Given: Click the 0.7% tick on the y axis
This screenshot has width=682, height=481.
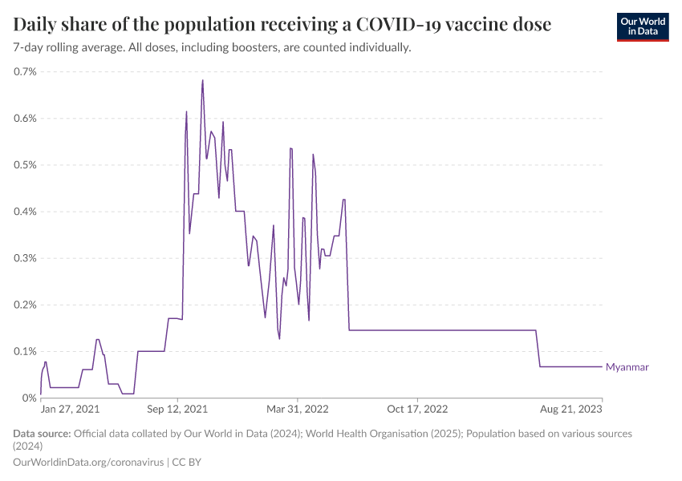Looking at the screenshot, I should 26,72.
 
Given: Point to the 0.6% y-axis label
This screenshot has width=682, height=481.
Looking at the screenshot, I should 26,119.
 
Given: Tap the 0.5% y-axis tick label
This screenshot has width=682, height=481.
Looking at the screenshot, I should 26,165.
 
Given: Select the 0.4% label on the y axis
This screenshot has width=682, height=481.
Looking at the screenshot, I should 26,212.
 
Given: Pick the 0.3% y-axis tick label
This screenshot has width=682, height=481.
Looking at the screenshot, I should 26,258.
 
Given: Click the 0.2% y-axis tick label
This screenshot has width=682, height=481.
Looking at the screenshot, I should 26,305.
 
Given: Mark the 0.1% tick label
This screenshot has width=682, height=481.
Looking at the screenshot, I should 26,351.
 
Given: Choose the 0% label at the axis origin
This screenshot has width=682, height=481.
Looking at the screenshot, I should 30,398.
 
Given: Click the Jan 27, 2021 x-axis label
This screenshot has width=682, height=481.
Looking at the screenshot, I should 71,409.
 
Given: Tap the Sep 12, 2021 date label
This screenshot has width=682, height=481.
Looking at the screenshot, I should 178,409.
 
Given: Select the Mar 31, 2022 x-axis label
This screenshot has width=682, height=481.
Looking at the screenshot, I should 298,409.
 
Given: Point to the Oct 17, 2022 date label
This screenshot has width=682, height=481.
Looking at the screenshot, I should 417,409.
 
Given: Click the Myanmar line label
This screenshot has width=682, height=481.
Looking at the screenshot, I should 627,367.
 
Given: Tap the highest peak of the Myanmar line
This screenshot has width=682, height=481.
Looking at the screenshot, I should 202,80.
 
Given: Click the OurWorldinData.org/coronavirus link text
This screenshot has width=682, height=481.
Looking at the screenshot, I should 88,463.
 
